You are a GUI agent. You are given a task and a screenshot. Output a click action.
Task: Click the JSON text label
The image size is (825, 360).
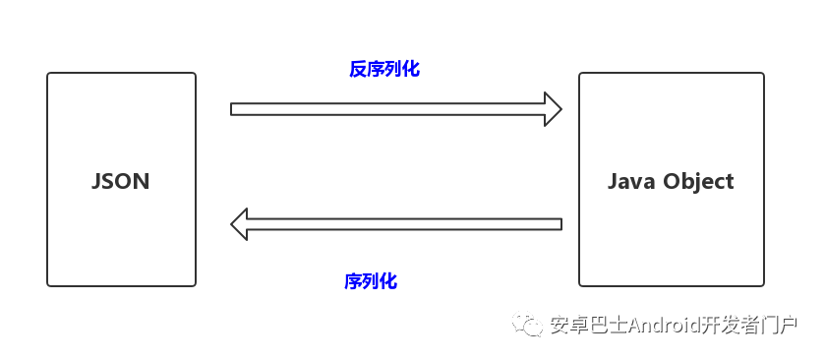[120, 182]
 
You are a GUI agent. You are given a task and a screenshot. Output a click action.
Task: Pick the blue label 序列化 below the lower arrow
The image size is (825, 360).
[371, 281]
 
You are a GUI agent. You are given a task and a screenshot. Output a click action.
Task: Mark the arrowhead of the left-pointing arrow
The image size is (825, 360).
[240, 223]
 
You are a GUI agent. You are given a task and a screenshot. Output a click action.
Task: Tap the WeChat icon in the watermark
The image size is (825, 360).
[531, 326]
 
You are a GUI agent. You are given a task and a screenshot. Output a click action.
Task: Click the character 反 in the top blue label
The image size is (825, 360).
[358, 70]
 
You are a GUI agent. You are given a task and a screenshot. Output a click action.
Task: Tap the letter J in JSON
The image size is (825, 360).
[96, 182]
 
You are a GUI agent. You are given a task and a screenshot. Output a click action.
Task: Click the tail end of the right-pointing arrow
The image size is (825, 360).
[234, 108]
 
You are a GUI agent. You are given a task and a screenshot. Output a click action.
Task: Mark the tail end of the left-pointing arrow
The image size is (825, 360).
[559, 223]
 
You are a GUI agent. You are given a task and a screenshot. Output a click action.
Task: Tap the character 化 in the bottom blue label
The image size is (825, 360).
[388, 281]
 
